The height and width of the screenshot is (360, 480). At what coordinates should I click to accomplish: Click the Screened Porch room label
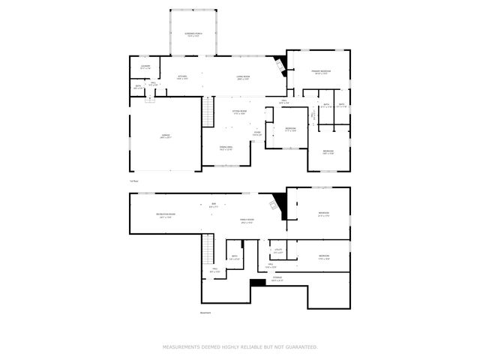click(x=193, y=34)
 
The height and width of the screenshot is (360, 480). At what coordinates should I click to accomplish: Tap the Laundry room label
click(x=145, y=67)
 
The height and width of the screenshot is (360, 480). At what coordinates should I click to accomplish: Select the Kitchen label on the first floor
click(x=182, y=77)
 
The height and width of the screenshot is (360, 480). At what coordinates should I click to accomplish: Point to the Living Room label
click(x=242, y=77)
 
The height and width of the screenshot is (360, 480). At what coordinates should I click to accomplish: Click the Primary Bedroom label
click(x=322, y=72)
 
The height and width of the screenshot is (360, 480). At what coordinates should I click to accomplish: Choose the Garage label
click(x=165, y=136)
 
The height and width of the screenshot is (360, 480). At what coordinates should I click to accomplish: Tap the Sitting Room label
click(x=239, y=112)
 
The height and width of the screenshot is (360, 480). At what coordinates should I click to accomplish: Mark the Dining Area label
click(x=226, y=148)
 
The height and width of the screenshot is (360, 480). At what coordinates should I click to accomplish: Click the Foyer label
click(x=257, y=134)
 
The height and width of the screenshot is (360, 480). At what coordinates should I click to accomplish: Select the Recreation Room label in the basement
click(x=166, y=215)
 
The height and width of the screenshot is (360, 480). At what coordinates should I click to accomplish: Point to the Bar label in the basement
click(x=213, y=205)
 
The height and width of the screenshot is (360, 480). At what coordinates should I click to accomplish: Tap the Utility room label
click(x=277, y=251)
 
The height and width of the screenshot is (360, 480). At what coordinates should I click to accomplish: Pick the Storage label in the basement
click(x=277, y=279)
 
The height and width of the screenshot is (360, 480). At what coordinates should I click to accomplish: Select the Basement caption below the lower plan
click(x=205, y=313)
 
